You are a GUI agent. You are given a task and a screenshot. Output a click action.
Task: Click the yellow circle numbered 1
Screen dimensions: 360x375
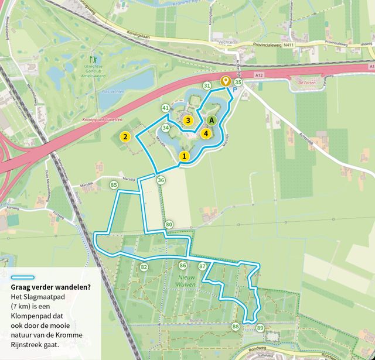(x=185, y=156)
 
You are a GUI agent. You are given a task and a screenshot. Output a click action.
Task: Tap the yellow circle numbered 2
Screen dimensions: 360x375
(x=125, y=137)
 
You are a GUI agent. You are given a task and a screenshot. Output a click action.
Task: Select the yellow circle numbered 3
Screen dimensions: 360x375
(x=188, y=121)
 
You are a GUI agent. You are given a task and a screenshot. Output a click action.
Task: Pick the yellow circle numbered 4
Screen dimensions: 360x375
(x=206, y=133)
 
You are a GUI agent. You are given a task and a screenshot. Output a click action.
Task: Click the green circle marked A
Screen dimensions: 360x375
(x=212, y=120)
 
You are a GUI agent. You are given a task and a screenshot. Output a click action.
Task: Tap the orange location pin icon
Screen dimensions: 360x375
(x=225, y=81)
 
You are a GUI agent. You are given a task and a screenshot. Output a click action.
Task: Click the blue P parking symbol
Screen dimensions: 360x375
(x=235, y=91)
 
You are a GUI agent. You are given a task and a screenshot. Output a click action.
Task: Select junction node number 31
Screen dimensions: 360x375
(x=207, y=86)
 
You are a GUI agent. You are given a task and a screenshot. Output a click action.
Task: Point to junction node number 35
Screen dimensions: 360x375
(x=238, y=83)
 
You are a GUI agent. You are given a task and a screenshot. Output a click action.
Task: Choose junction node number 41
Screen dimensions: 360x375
(x=166, y=108)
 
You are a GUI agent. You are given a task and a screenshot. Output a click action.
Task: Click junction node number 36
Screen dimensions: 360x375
(x=161, y=180)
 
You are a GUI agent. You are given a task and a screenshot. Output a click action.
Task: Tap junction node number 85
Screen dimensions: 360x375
(x=114, y=185)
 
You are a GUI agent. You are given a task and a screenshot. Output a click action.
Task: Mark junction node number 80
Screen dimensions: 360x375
(x=169, y=225)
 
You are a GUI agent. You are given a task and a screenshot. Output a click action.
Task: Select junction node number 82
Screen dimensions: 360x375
(x=144, y=267)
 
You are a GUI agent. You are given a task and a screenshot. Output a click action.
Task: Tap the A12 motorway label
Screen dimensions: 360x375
(x=259, y=74)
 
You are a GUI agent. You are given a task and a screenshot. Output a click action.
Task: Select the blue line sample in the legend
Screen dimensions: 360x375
(x=22, y=278)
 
